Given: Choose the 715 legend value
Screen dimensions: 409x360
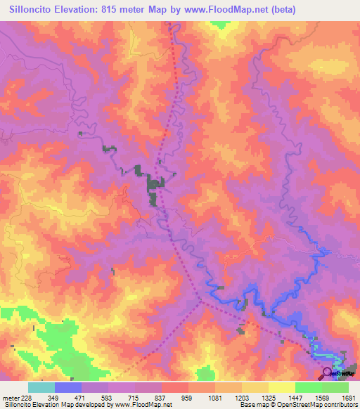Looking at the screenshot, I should (143, 397).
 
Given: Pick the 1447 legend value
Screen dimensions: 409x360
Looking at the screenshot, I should (304, 397).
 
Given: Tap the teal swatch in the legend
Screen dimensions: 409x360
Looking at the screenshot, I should (41, 387).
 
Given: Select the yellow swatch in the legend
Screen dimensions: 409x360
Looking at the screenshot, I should (281, 387).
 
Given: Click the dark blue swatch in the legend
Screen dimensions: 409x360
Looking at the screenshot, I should (67, 387).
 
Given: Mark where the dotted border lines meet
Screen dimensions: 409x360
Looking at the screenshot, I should (201, 301).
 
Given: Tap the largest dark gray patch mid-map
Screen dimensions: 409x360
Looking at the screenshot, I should (153, 187).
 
